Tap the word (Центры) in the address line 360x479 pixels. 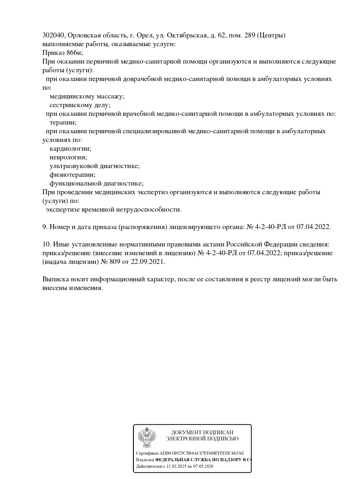pos(271,35)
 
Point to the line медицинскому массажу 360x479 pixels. pos(87,96)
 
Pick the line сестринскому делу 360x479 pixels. pos(80,105)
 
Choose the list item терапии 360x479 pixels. pos(63,123)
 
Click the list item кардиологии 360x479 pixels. pos(70,149)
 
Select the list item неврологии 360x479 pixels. pos(68,157)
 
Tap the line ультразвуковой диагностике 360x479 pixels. pos(95,166)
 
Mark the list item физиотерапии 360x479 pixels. pos(72,175)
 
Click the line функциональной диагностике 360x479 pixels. pos(96,183)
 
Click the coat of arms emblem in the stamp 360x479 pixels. pos(147,437)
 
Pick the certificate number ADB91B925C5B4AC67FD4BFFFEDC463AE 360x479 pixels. pos(202,453)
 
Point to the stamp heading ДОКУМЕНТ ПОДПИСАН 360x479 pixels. pos(202,433)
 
